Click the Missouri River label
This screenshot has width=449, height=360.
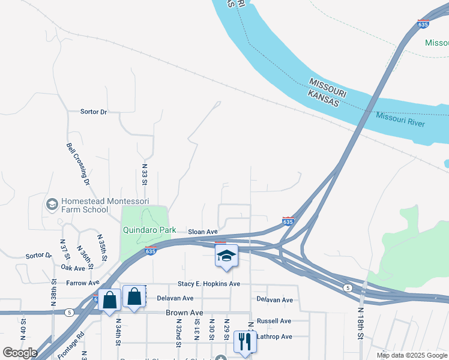coord(400,119)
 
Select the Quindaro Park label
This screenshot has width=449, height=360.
coord(149,230)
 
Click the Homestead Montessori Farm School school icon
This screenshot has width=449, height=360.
coord(52,205)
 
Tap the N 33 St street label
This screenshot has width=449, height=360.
coord(145,173)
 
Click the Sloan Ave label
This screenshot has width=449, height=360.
coord(202,232)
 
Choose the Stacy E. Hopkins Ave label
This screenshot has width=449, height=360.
coord(208,284)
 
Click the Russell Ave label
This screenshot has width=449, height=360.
coord(273,321)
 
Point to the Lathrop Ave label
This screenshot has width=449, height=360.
coord(274,337)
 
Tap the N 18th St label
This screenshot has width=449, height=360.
coord(361,324)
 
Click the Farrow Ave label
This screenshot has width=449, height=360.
coord(83,283)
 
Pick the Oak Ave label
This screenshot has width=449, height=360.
coord(73,268)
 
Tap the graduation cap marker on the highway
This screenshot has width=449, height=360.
coord(226,256)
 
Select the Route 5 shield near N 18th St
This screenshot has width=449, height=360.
coord(348,288)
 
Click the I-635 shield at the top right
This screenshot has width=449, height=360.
coord(423,25)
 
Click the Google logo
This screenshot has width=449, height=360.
coord(20,353)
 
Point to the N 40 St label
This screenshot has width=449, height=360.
coord(23,329)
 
